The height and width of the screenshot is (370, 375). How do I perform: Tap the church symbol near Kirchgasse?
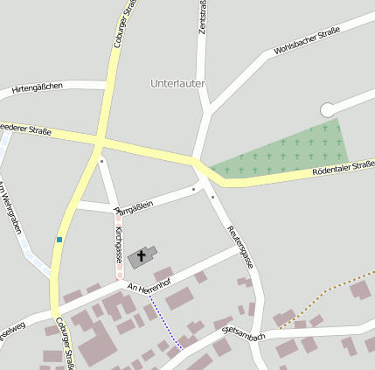(x=141, y=256)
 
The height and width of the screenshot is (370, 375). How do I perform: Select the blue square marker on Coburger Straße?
(x=59, y=239)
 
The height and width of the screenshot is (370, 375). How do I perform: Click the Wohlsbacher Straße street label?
(x=306, y=41)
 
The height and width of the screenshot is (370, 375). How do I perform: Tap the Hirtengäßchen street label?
(x=37, y=87)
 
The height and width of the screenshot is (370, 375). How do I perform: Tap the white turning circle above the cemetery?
(x=328, y=109)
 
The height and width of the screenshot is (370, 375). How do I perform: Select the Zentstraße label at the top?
(x=203, y=17)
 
